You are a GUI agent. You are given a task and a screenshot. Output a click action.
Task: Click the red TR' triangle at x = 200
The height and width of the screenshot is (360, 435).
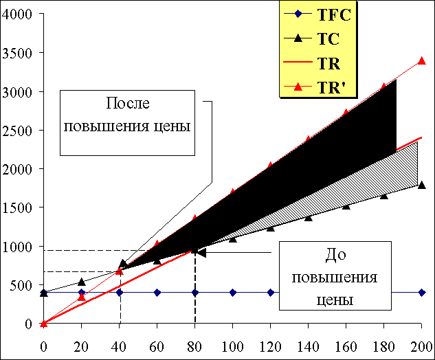[x=421, y=60]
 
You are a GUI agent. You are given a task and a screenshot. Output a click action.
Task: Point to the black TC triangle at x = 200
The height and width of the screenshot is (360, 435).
[x=421, y=185]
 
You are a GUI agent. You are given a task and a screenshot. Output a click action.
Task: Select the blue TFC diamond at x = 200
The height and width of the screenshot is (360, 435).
[x=421, y=293]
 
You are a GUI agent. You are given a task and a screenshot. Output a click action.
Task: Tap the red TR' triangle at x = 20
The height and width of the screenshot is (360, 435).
[x=82, y=297]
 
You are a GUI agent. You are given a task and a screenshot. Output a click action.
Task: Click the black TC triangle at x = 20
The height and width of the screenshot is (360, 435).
[x=82, y=282]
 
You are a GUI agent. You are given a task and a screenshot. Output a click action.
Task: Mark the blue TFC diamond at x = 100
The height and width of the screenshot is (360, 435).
[x=233, y=293]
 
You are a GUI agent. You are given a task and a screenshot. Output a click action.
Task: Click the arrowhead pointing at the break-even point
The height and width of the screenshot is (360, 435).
[x=201, y=253]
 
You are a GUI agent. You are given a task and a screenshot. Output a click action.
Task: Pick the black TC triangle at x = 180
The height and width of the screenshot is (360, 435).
[x=383, y=196]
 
